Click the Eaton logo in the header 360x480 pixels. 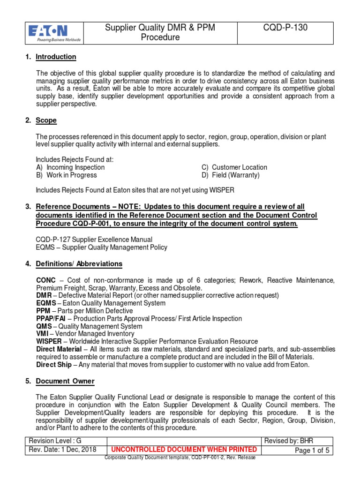[55, 33]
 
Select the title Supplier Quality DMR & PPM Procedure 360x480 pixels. [160, 33]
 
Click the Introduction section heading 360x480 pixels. [56, 57]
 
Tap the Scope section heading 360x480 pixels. [46, 120]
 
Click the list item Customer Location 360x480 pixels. [239, 167]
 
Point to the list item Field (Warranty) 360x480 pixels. [235, 175]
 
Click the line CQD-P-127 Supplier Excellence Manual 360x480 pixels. [94, 240]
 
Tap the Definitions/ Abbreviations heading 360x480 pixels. [79, 264]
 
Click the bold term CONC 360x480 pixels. [46, 280]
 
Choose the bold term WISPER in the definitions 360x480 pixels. [49, 342]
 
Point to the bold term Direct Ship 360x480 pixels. [54, 365]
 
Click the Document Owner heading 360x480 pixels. [65, 382]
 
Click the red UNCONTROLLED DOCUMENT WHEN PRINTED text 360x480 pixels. [183, 450]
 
